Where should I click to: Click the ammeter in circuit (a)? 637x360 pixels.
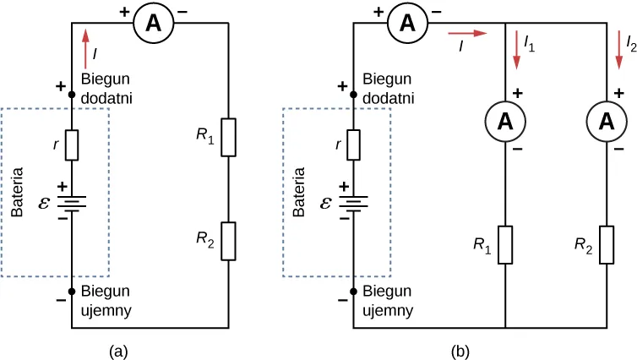click(x=153, y=24)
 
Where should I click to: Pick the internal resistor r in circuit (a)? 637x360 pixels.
click(x=72, y=145)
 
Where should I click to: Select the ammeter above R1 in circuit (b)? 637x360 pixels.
click(x=505, y=122)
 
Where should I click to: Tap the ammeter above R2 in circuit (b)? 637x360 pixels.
click(x=606, y=122)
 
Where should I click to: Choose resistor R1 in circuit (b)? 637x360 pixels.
click(x=505, y=245)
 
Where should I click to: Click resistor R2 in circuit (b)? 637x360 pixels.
click(x=606, y=245)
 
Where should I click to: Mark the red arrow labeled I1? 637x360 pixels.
click(x=514, y=46)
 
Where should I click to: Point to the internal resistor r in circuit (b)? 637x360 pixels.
click(x=353, y=145)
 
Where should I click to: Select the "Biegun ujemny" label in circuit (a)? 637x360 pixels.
click(x=106, y=301)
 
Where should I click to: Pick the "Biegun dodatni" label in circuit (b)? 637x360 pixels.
click(x=388, y=88)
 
